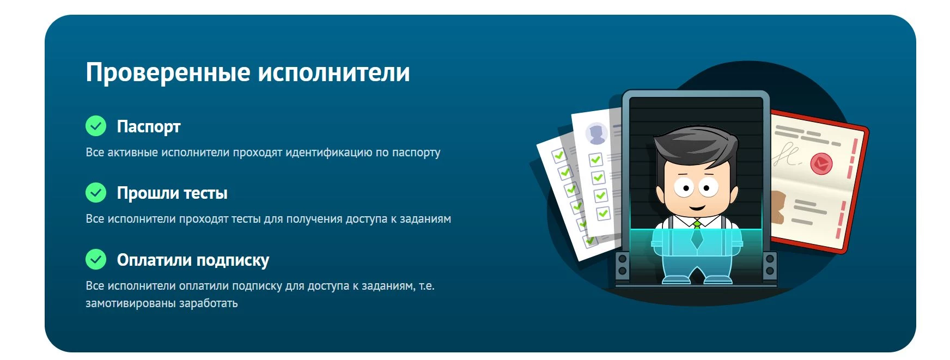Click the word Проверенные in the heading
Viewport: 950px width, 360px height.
(x=168, y=73)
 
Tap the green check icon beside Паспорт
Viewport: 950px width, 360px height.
(x=96, y=126)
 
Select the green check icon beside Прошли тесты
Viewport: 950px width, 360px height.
(x=96, y=192)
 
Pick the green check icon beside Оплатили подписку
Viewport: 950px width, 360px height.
(x=96, y=259)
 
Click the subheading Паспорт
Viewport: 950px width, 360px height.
(x=148, y=126)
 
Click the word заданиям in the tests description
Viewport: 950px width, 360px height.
(x=425, y=219)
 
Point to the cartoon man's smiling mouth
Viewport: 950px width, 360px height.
(x=697, y=207)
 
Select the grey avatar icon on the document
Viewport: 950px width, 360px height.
(x=596, y=133)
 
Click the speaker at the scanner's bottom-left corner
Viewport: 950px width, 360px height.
(x=622, y=265)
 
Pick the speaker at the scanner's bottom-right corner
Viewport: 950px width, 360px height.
(x=770, y=265)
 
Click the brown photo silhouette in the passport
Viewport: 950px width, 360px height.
(x=777, y=207)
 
